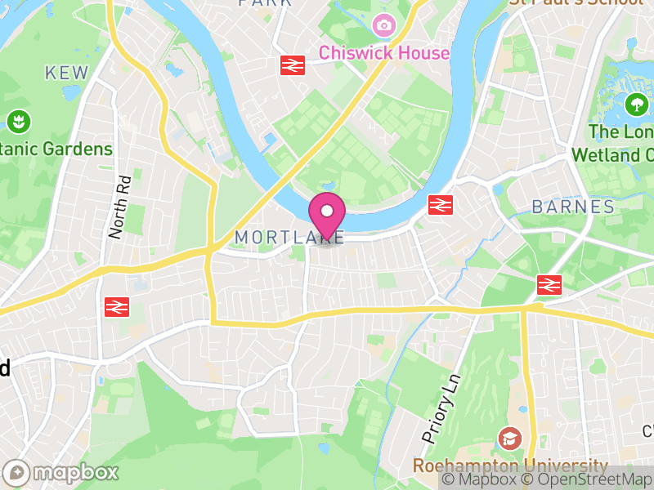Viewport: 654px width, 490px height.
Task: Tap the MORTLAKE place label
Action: (289, 237)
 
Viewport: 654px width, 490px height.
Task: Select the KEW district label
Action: (67, 73)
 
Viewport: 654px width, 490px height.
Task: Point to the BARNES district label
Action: (573, 207)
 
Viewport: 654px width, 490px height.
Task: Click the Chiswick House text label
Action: (384, 53)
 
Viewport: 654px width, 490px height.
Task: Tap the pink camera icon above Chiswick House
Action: (383, 26)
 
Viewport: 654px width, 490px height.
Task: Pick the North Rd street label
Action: (119, 207)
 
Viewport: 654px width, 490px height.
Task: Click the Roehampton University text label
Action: (510, 465)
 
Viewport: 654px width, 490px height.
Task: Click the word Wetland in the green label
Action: (607, 154)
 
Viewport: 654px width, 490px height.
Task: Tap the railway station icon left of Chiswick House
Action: (293, 65)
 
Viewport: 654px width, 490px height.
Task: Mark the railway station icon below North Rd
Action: (117, 306)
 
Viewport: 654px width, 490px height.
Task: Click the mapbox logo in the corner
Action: (61, 472)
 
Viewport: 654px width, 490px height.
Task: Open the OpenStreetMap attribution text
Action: (587, 480)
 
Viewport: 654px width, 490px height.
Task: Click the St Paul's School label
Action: (576, 2)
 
